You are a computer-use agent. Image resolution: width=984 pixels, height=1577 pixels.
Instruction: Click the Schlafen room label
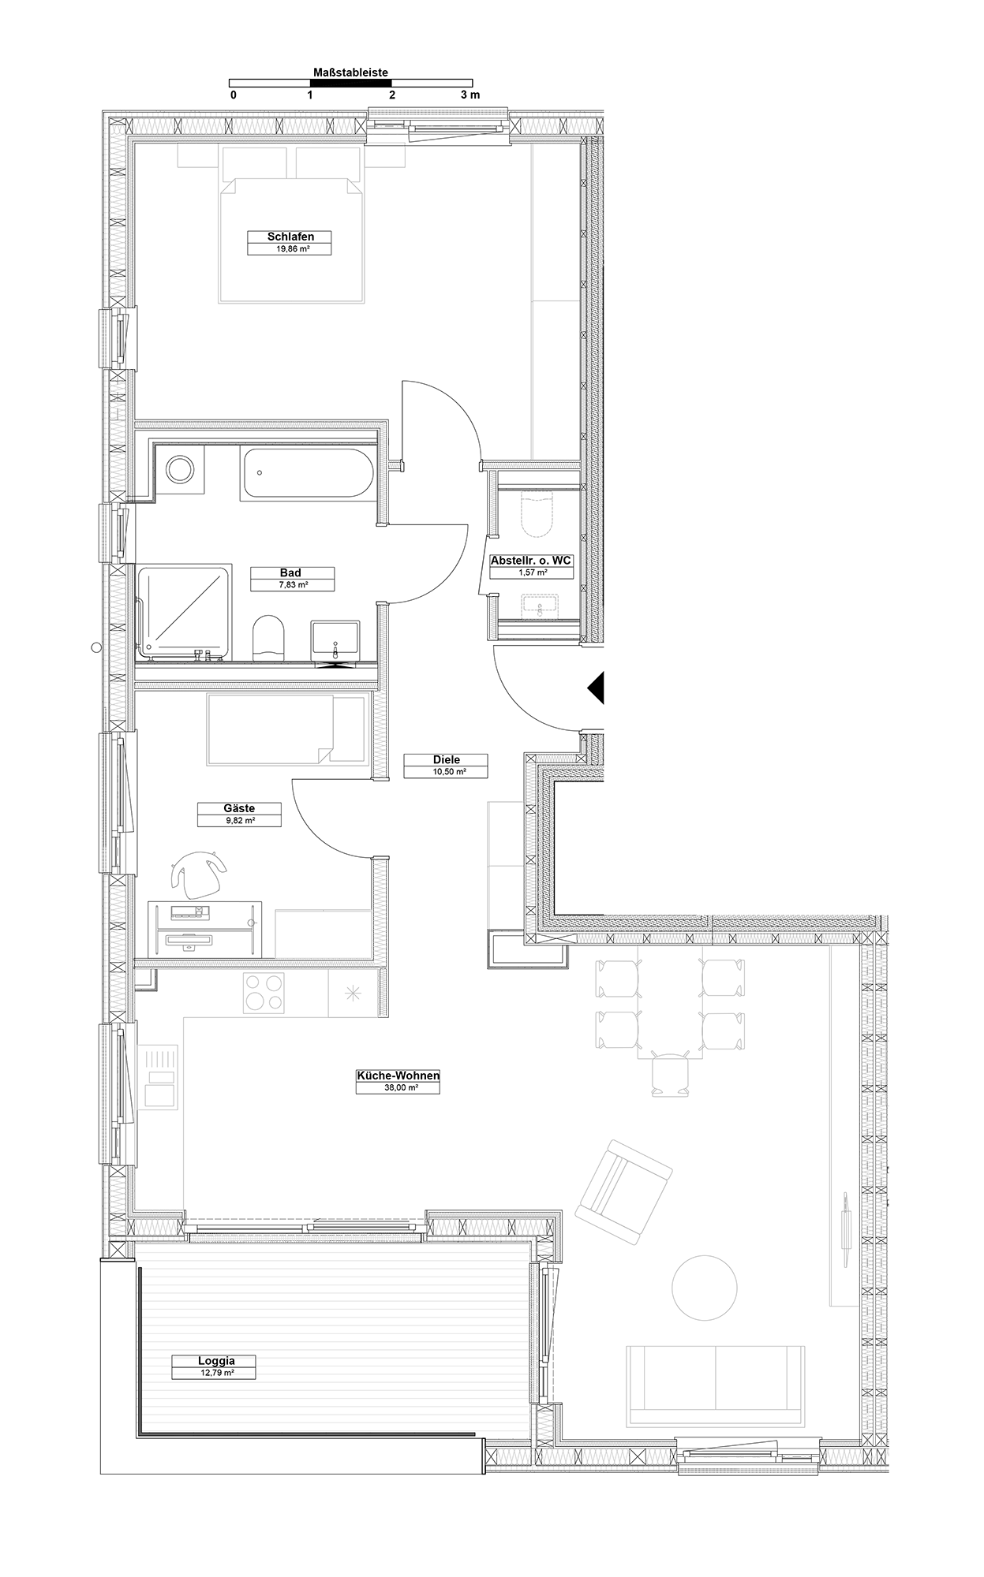[290, 237]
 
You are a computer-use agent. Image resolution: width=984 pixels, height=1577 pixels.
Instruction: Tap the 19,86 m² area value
[290, 249]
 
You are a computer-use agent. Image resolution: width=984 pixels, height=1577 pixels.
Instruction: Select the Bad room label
[290, 573]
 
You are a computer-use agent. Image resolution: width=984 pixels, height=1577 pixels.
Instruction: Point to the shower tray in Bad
[184, 612]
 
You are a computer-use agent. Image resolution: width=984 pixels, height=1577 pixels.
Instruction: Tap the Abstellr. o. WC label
[531, 561]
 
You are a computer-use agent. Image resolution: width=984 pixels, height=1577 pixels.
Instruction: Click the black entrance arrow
[596, 688]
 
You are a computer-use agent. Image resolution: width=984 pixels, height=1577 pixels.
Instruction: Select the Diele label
[446, 760]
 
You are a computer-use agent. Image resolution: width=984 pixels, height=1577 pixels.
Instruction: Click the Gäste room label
[239, 808]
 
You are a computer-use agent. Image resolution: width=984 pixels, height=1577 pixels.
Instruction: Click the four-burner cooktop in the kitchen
[264, 994]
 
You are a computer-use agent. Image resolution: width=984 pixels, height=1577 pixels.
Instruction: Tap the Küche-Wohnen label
[398, 1076]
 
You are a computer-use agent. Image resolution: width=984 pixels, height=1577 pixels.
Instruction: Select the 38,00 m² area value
[398, 1087]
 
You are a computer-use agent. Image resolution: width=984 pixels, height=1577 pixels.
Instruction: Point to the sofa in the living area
[716, 1387]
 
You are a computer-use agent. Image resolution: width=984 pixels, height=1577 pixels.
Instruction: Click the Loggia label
[216, 1361]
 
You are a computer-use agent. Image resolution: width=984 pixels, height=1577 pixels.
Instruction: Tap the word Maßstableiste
[350, 73]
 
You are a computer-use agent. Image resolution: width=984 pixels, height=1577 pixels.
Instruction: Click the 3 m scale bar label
[470, 95]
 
